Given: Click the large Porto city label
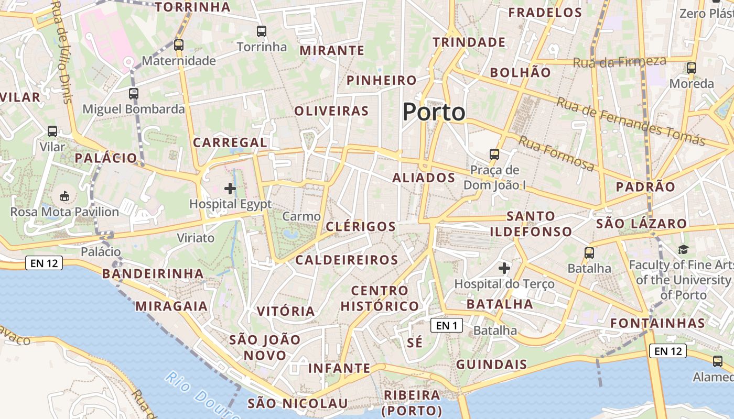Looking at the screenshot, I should [434, 112].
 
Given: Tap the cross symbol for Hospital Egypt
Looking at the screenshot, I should [230, 189].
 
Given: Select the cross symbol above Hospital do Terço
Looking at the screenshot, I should [504, 269].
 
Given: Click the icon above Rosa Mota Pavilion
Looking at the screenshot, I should [64, 196].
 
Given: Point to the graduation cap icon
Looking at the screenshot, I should [683, 249].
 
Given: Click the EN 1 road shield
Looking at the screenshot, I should [447, 325].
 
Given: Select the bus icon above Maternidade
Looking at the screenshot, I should [179, 45].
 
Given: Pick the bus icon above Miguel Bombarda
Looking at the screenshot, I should [134, 94].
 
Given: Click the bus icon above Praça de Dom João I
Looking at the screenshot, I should [494, 155].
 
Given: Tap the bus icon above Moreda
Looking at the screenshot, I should [692, 68].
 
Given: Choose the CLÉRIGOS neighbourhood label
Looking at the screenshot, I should [361, 227].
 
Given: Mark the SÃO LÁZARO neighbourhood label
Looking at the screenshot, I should [641, 224].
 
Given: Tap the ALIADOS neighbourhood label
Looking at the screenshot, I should [424, 178].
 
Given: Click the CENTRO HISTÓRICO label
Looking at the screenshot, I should [380, 299].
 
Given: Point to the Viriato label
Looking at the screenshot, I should [196, 238].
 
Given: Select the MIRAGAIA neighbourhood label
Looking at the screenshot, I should [171, 306].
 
